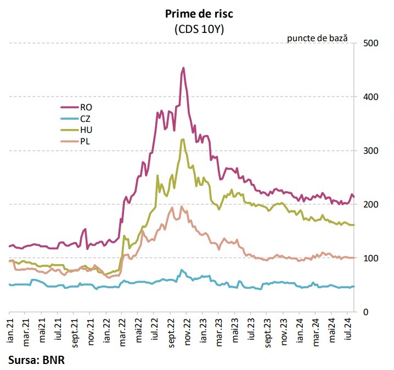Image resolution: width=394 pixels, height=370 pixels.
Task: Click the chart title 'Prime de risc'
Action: (x=199, y=14)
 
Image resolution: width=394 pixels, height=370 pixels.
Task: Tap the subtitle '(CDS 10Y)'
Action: (x=199, y=30)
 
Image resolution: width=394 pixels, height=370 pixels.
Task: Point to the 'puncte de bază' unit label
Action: (x=317, y=38)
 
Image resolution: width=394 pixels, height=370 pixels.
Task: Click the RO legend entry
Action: (x=77, y=108)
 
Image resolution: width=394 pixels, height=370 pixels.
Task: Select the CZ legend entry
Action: (x=76, y=119)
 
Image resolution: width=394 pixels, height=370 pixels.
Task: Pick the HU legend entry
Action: (x=77, y=130)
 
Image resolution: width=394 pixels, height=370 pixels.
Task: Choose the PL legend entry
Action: (x=75, y=141)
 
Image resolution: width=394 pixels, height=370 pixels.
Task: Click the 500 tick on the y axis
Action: (x=370, y=43)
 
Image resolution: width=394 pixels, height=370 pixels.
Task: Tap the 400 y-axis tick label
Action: (x=370, y=97)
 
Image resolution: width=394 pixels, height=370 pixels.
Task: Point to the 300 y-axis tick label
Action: (x=370, y=151)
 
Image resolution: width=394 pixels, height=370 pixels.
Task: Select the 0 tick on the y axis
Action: (x=366, y=312)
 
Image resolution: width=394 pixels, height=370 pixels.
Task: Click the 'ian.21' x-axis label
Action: (x=10, y=330)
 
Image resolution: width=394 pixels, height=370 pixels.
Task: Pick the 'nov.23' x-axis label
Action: (x=284, y=332)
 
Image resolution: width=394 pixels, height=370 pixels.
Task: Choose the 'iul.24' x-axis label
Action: (x=348, y=329)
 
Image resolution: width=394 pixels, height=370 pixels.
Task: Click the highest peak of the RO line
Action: (x=183, y=68)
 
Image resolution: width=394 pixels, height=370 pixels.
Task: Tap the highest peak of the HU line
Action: (x=183, y=139)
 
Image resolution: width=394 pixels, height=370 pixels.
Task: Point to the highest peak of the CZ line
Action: (x=182, y=270)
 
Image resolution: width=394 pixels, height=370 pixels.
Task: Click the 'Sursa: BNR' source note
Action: (x=36, y=360)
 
